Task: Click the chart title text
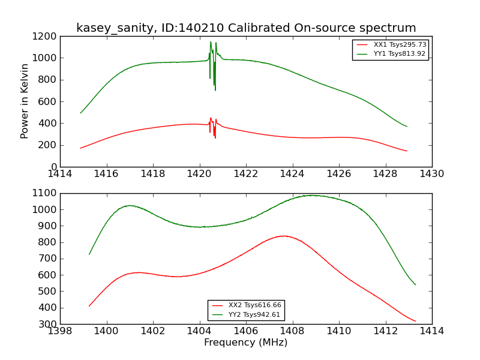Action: point(246,28)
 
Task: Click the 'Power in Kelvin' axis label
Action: point(25,101)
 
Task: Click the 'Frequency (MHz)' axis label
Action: point(246,343)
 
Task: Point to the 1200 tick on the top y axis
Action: point(46,36)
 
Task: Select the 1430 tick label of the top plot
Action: point(432,174)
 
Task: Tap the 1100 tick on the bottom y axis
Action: point(46,193)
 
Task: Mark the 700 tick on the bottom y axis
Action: point(49,259)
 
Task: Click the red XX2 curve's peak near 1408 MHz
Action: point(284,236)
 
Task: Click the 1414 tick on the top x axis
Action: point(60,174)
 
